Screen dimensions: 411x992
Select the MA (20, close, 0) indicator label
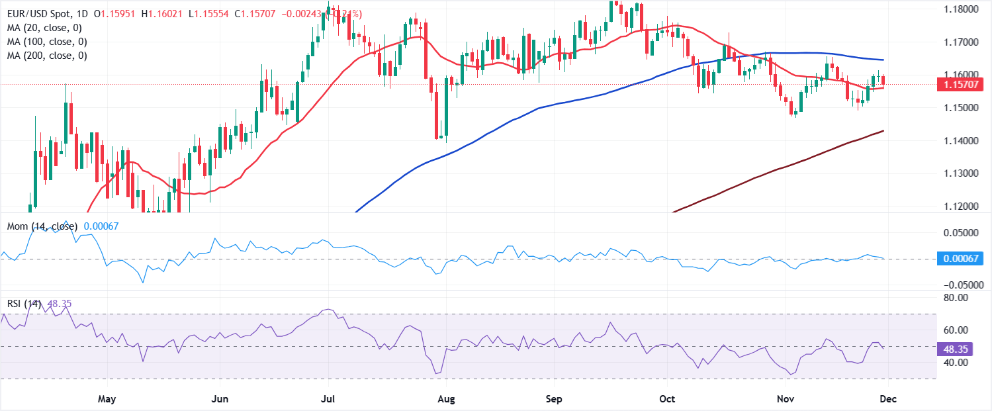(46, 27)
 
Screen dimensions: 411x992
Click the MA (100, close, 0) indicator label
(48, 42)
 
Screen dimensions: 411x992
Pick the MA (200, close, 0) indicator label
(48, 56)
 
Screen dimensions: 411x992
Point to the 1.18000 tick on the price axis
(962, 9)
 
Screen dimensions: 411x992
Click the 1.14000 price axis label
(962, 141)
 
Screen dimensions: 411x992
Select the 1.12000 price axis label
(962, 206)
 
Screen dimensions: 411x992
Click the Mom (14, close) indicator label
(42, 226)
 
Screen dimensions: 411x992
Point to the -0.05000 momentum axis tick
(962, 285)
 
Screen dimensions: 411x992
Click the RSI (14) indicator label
(24, 304)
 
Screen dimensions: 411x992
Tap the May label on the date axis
(107, 399)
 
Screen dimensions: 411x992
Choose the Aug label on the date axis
(447, 399)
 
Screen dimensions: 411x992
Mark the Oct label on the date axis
(667, 399)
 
